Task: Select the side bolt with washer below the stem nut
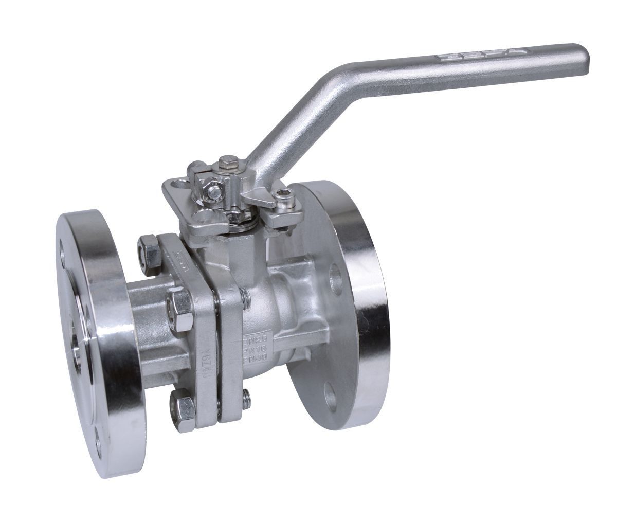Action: point(212,193)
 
